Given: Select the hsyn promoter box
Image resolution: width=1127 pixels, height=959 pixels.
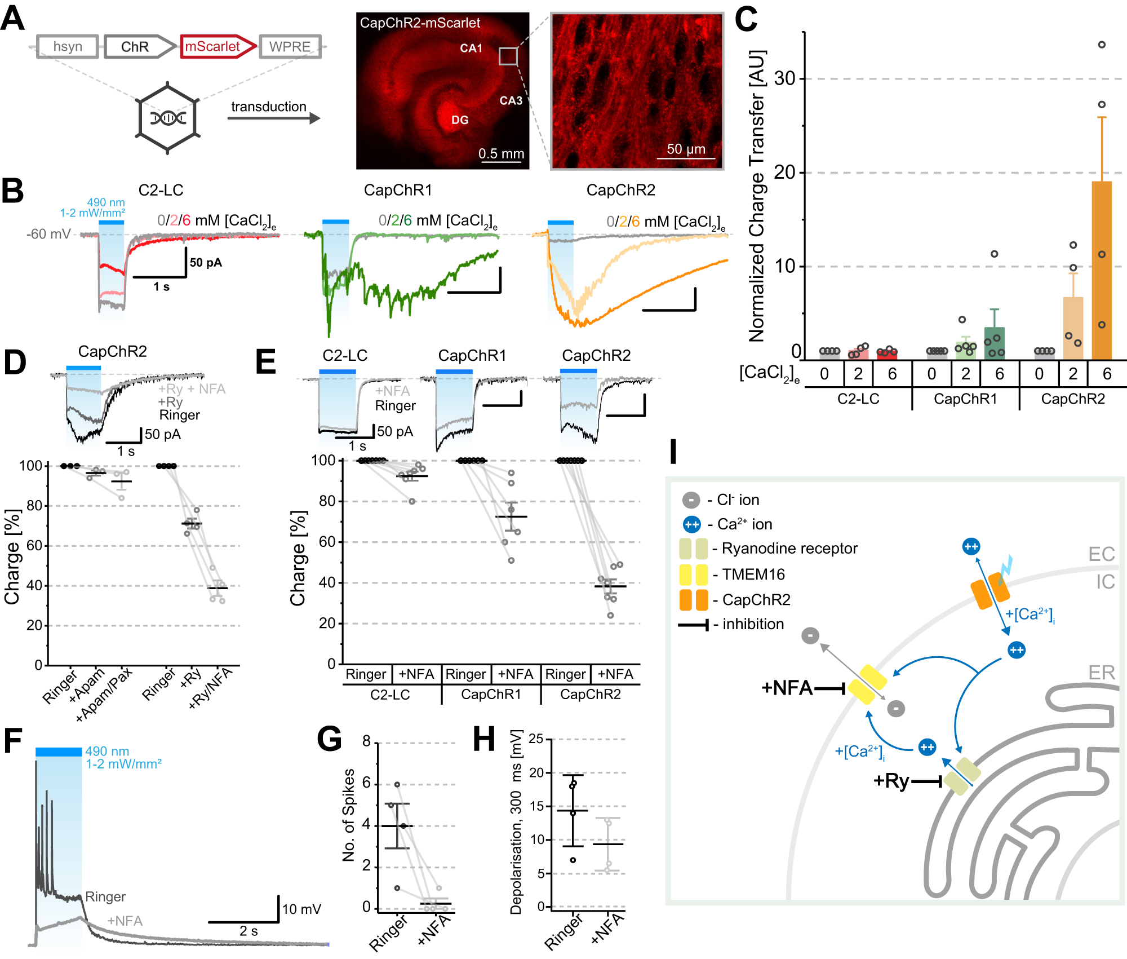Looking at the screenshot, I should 68,46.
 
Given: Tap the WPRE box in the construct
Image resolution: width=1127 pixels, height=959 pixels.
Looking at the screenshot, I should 290,46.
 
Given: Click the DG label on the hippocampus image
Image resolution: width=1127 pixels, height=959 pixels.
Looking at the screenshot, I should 460,120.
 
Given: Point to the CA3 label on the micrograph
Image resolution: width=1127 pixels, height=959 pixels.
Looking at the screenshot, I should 511,101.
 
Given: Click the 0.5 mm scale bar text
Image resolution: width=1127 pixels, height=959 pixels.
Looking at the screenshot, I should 501,153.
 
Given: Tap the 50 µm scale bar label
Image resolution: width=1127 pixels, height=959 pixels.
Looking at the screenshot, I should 686,149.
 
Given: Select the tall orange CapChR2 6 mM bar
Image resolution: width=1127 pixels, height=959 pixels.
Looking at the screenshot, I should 1101,271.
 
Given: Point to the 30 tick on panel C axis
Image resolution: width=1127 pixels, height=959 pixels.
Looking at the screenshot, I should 784,79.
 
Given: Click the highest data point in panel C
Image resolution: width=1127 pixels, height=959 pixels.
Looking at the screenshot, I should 1102,45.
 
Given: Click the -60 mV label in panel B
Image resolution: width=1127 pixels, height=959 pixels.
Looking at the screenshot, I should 48,234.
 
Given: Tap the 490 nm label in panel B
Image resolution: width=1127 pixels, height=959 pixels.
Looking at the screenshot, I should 105,202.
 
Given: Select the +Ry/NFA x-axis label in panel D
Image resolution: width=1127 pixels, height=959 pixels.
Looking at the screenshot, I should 211,688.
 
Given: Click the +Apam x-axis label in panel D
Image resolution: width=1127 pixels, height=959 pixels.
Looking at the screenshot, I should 87,685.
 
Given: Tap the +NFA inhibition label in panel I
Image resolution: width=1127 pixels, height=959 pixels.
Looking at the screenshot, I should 787,688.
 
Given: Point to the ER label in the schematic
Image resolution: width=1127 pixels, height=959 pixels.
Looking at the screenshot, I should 1101,673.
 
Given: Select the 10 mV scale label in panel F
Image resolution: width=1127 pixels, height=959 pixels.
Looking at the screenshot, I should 301,909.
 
